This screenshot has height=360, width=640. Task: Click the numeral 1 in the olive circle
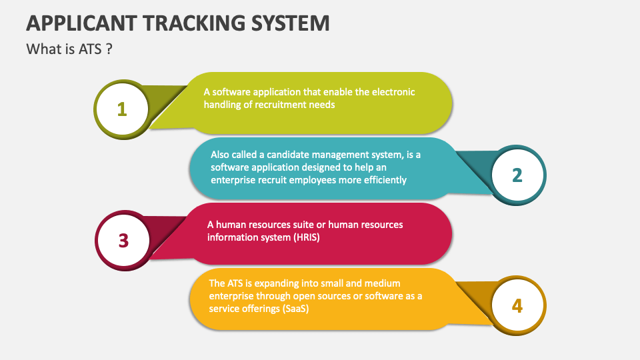(x=121, y=109)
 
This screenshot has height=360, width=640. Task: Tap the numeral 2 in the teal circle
(x=517, y=175)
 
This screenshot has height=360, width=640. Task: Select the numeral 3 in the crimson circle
(x=123, y=241)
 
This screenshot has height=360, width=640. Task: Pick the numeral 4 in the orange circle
(x=517, y=306)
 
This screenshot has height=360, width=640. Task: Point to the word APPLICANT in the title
(x=81, y=23)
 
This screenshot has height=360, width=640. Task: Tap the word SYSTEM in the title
(x=290, y=23)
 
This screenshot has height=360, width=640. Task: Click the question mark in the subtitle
(x=109, y=49)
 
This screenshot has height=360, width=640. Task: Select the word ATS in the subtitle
(x=90, y=49)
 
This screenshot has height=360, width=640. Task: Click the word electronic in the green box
(x=393, y=92)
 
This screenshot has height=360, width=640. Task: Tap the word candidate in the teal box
(x=287, y=155)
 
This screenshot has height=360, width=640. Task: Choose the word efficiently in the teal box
(x=385, y=180)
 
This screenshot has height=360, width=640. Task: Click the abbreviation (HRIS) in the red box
(x=306, y=237)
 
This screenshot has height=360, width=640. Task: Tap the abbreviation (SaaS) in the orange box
(x=295, y=309)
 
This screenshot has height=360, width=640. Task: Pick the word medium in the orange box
(x=382, y=283)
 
